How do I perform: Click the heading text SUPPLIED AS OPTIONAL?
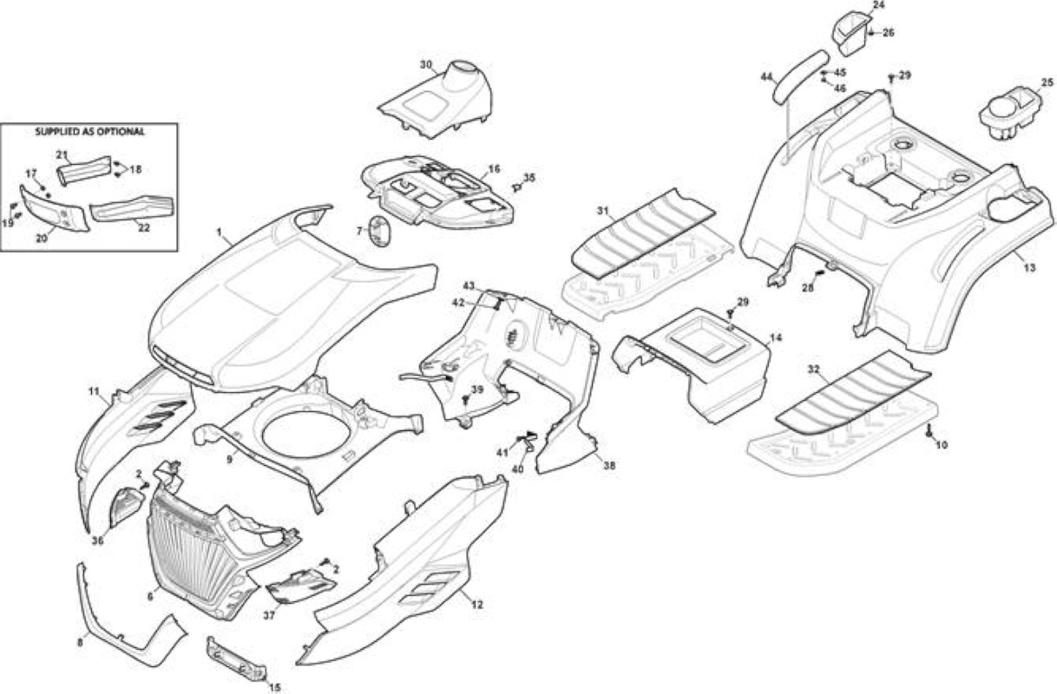coord(89,132)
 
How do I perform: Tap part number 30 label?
coord(426,65)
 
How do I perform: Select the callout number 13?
coord(1030,268)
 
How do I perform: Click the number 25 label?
coord(1047,82)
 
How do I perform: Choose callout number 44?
coord(767,76)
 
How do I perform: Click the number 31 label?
coord(602,211)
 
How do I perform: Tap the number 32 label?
coord(813,370)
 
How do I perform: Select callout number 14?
coord(775,337)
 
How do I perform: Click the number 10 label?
coord(941,445)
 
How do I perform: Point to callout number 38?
coord(609,466)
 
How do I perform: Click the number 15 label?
coord(274,687)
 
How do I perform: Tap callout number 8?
coord(80,643)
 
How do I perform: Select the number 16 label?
coord(494,169)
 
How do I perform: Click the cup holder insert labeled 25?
coord(1011,116)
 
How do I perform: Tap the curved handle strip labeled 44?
coord(800,75)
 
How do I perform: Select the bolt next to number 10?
coord(929,431)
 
